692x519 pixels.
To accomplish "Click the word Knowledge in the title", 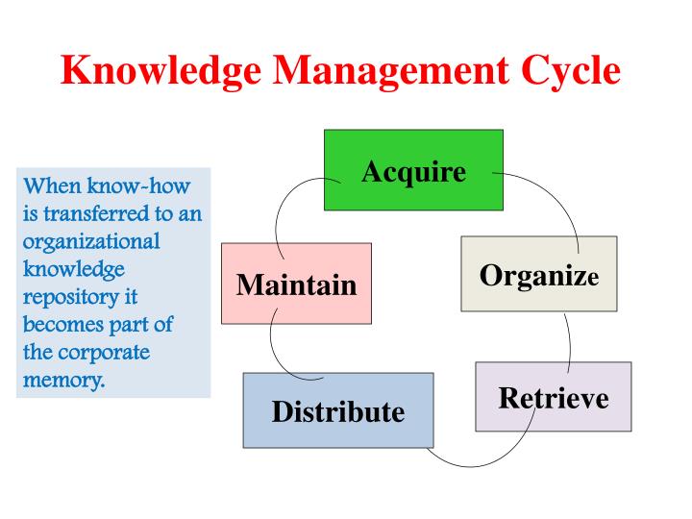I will click(154, 71).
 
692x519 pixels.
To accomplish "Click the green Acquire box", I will click(413, 170).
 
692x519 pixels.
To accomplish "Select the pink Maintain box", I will click(296, 284).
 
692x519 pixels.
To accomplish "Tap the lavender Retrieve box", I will click(554, 396).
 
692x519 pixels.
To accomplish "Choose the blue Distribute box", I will click(337, 410).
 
